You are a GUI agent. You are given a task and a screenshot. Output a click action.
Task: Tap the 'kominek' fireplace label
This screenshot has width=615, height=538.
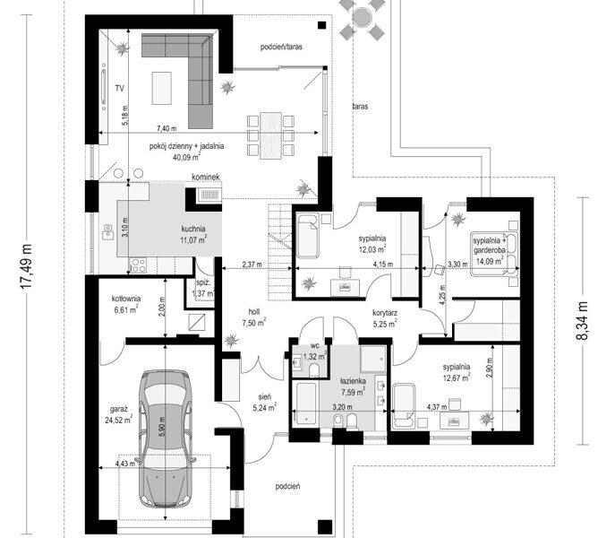click(x=206, y=178)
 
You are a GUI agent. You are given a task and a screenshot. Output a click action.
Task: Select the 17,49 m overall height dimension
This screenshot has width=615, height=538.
click(x=27, y=266)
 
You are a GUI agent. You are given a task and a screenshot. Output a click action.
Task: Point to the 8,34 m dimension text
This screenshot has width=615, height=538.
click(x=583, y=320)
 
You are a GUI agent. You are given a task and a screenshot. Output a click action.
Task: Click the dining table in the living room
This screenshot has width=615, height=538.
click(x=270, y=135)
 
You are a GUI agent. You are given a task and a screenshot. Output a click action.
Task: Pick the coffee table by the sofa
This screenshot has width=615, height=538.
click(x=162, y=88)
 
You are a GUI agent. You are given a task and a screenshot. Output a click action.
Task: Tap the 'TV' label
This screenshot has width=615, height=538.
click(x=120, y=89)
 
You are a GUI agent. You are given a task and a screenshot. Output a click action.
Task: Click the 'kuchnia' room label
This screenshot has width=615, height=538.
click(x=193, y=229)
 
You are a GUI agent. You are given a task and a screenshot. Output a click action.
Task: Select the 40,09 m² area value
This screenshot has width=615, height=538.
click(x=187, y=157)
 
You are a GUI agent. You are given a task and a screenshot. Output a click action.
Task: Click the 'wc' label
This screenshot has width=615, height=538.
click(x=314, y=346)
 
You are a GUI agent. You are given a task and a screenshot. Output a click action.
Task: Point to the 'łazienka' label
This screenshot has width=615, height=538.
click(x=353, y=381)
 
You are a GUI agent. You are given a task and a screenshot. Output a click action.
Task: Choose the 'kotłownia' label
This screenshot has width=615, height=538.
click(x=126, y=299)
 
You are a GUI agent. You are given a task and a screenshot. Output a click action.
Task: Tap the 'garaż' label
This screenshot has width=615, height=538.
click(x=118, y=409)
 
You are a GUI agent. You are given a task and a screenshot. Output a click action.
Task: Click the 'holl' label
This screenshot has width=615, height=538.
click(x=253, y=312)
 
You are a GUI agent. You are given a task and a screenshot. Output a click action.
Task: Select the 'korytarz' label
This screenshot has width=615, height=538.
click(x=385, y=313)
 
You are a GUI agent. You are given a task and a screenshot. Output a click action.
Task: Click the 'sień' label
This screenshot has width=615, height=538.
click(x=264, y=397)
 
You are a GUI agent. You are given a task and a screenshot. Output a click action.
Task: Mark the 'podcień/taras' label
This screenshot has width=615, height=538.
click(x=281, y=48)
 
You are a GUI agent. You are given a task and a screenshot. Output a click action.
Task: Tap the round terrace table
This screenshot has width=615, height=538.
click(x=362, y=17)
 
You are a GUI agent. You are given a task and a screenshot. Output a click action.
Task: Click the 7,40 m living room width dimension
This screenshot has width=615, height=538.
click(x=167, y=128)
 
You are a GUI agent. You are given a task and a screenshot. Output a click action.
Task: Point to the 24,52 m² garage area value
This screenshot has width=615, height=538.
click(x=118, y=420)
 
